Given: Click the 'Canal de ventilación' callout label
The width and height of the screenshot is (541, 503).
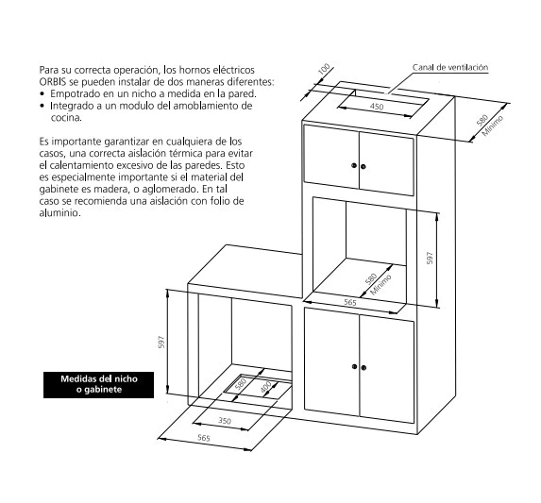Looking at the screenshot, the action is (x=450, y=67).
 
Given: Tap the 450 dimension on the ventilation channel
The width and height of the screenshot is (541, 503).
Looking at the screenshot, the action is (x=377, y=107).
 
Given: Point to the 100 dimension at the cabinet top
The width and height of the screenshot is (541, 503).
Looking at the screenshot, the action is (x=324, y=69).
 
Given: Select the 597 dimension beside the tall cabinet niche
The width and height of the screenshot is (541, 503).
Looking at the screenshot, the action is (x=430, y=258).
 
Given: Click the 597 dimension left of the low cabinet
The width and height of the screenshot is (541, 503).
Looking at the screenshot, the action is (x=161, y=342).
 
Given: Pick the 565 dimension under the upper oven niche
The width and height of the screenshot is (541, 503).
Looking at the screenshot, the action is (x=350, y=302).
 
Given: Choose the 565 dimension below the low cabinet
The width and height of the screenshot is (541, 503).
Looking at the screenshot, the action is (x=204, y=438).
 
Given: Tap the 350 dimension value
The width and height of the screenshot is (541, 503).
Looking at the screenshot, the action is (x=225, y=421).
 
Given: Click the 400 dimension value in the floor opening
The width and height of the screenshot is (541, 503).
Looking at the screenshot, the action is (x=265, y=387).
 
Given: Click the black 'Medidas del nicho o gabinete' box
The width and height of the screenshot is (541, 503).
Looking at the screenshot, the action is (x=99, y=385).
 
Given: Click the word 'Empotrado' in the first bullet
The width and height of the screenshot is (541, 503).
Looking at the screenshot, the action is (x=72, y=94).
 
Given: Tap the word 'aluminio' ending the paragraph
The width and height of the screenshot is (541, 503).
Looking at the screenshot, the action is (x=59, y=212).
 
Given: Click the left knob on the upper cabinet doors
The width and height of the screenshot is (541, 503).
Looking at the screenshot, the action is (x=354, y=165).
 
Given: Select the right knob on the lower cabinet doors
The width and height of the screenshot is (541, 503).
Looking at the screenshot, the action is (x=363, y=368).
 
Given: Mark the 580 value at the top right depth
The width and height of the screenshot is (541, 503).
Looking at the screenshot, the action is (x=482, y=120).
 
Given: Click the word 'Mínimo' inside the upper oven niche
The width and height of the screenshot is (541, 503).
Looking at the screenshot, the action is (x=380, y=285).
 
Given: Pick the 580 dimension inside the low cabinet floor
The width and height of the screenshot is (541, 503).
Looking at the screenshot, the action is (x=241, y=384).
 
